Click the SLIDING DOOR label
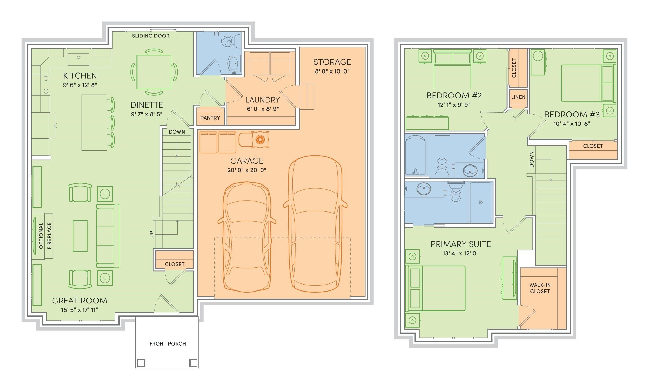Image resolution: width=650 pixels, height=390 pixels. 151,36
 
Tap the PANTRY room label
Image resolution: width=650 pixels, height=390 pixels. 210,118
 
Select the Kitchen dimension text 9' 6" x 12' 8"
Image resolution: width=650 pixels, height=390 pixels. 80,85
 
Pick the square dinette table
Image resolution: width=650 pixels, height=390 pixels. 154,72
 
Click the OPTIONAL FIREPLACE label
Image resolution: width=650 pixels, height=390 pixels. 45,236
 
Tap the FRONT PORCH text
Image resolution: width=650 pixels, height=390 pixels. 167,343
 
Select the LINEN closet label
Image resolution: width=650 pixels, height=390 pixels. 518,97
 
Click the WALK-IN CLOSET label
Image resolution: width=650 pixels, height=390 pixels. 539,288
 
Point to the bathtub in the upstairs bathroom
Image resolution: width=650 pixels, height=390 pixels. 416,155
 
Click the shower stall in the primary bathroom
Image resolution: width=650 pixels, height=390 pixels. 480,202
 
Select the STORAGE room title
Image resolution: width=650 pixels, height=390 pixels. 332,62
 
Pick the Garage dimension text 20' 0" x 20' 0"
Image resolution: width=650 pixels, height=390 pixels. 247,170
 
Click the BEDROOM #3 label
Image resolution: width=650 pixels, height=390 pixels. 572,115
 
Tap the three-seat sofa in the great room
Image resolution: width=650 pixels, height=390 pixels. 107,236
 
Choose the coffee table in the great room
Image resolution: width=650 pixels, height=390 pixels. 80,236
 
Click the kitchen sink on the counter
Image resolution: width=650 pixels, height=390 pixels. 78,59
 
